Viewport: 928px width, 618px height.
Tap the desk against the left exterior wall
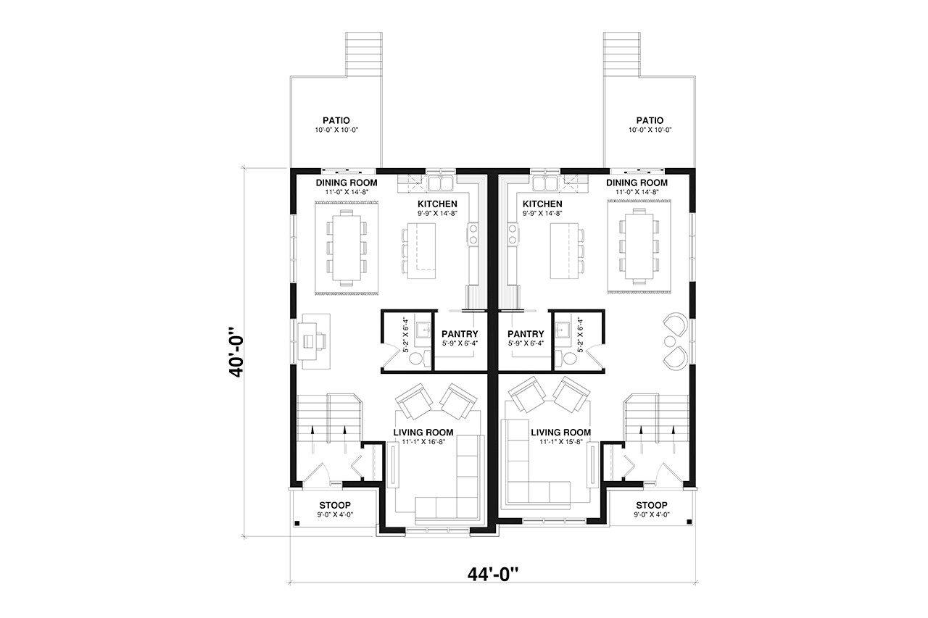point(316,337)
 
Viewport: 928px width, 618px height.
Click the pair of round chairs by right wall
point(675,341)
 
